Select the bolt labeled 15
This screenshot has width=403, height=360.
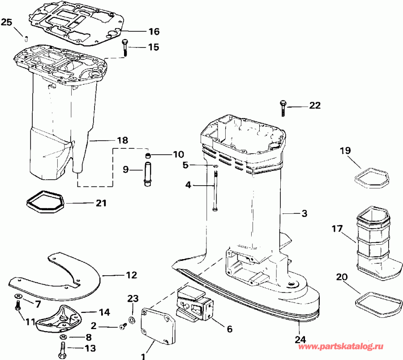[x=124, y=47]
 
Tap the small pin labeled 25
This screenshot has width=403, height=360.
[x=26, y=37]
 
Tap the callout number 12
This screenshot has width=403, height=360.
[x=131, y=275]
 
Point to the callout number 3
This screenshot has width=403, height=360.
[x=304, y=214]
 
